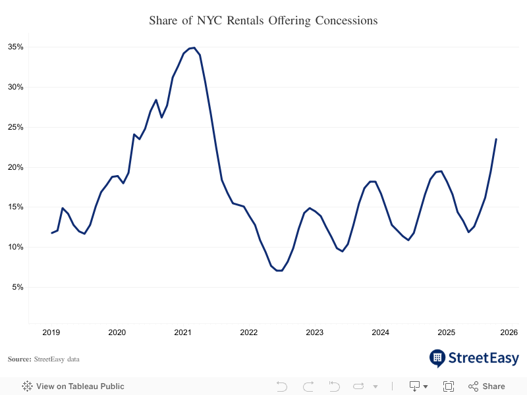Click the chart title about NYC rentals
pyautogui.click(x=263, y=20)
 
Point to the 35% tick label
pyautogui.click(x=16, y=47)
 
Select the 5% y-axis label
pyautogui.click(x=18, y=287)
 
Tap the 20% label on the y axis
pyautogui.click(x=16, y=167)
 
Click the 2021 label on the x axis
pyautogui.click(x=182, y=332)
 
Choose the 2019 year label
pyautogui.click(x=51, y=332)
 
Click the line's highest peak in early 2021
pyautogui.click(x=194, y=47)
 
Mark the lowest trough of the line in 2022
pyautogui.click(x=279, y=271)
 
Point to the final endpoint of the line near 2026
pyautogui.click(x=496, y=139)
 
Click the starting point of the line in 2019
pyautogui.click(x=52, y=232)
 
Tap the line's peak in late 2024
pyautogui.click(x=441, y=171)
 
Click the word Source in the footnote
pyautogui.click(x=19, y=359)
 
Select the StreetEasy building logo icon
pyautogui.click(x=437, y=358)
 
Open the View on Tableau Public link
pyautogui.click(x=73, y=386)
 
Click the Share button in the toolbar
pyautogui.click(x=487, y=386)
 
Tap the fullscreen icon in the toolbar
pyautogui.click(x=449, y=386)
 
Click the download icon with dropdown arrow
pyautogui.click(x=418, y=386)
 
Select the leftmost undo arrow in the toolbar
pyautogui.click(x=282, y=386)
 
